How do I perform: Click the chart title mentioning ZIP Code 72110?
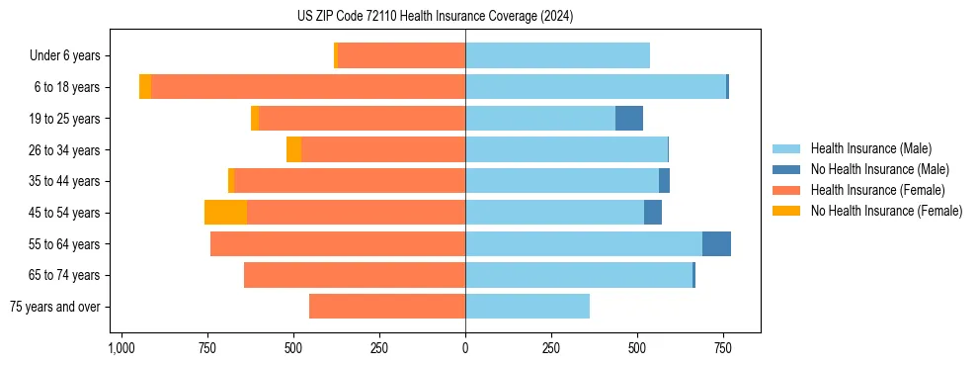(435, 17)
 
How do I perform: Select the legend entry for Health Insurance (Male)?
(869, 148)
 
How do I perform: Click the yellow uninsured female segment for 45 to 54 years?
(225, 213)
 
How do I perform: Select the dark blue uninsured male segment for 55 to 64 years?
(716, 244)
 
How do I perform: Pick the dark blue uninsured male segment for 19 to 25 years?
(629, 119)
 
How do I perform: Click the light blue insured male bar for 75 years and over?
(528, 307)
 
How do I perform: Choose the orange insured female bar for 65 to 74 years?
(355, 275)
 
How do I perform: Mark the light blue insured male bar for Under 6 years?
(557, 55)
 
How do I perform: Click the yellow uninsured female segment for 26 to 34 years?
(293, 149)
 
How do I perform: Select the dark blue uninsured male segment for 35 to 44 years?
(664, 181)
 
